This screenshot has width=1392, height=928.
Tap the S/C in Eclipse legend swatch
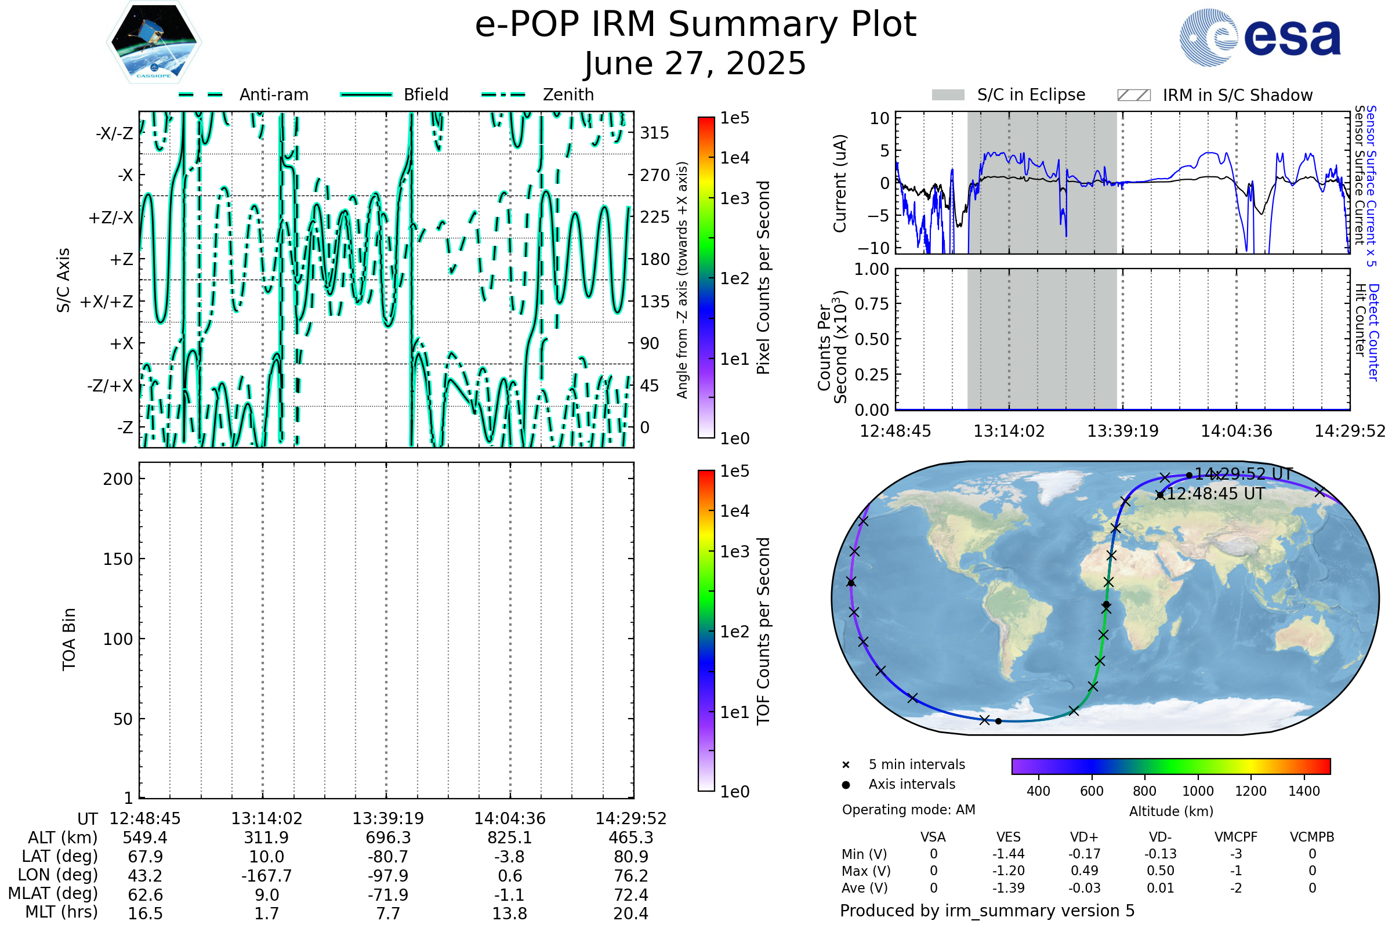tap(948, 95)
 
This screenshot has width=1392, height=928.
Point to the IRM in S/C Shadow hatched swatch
tap(1133, 95)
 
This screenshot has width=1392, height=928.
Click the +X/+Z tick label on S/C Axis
tap(107, 302)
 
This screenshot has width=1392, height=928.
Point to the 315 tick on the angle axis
tap(655, 133)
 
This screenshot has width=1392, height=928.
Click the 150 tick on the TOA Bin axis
tap(118, 559)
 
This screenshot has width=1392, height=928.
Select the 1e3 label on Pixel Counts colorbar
tap(734, 198)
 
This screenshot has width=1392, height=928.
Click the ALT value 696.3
tap(388, 838)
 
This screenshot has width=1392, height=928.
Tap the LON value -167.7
tap(266, 875)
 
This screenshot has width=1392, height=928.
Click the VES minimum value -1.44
tap(1009, 854)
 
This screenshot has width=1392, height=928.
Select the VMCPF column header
tap(1236, 837)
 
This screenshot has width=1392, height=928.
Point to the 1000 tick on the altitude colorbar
tap(1198, 791)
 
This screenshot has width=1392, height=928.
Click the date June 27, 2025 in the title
tap(695, 63)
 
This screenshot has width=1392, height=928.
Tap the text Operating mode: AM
tap(908, 810)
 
